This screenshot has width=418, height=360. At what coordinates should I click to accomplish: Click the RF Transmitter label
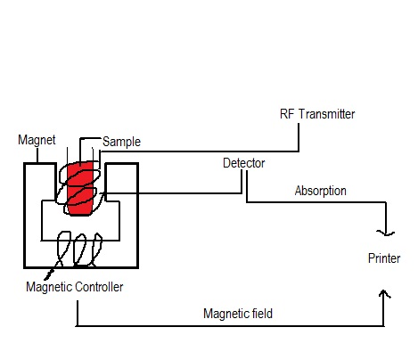coord(317,114)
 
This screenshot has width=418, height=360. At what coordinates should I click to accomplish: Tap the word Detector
coord(244,163)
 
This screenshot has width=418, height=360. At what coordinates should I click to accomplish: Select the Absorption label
coord(321,191)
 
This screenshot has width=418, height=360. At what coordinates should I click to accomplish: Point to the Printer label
coord(384,258)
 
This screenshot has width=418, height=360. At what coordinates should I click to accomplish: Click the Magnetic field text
coord(238,314)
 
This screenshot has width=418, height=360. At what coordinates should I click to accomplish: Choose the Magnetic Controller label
coord(75,287)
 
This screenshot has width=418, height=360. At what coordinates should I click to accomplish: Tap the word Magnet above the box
coord(37,140)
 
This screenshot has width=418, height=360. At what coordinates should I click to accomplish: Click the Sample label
coord(121,142)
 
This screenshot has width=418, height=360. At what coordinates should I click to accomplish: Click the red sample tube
coord(80,188)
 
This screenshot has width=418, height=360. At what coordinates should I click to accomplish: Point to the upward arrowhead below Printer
coord(384,293)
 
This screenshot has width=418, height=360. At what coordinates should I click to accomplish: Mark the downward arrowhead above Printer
coord(386,233)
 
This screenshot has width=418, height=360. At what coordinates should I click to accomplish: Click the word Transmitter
coord(326,114)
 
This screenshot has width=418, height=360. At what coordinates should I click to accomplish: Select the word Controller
coord(99,287)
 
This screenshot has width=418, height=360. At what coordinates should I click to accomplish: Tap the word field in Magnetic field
coord(262,314)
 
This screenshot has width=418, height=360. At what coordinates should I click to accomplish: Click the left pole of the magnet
coord(40,182)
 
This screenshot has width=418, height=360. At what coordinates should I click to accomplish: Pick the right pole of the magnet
coord(122,182)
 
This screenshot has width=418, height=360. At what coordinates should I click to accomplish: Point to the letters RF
coord(287,114)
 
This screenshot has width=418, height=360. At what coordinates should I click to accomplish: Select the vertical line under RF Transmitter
coord(299,137)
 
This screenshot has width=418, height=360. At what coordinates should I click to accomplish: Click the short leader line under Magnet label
coord(37,155)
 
